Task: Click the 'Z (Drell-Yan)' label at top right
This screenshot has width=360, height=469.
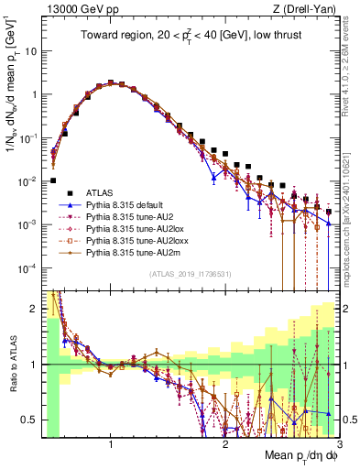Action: pyautogui.click(x=307, y=9)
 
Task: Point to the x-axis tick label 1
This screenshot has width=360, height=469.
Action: pyautogui.click(x=111, y=444)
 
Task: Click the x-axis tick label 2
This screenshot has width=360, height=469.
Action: pyautogui.click(x=225, y=444)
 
